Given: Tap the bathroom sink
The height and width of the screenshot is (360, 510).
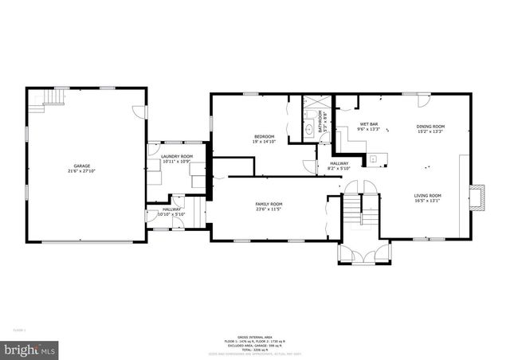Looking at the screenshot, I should (309, 127).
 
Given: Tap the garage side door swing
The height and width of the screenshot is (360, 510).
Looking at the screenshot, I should (139, 113).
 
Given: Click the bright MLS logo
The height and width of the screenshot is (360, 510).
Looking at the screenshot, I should (29, 349).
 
